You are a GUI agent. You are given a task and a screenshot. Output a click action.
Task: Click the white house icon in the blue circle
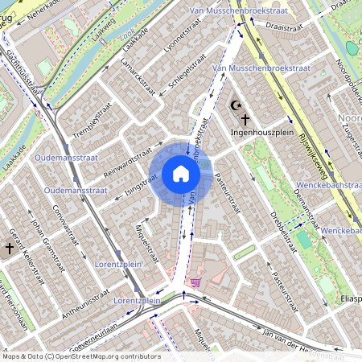pos(181,174)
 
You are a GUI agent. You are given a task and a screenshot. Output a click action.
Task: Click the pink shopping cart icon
pos(195,282)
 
